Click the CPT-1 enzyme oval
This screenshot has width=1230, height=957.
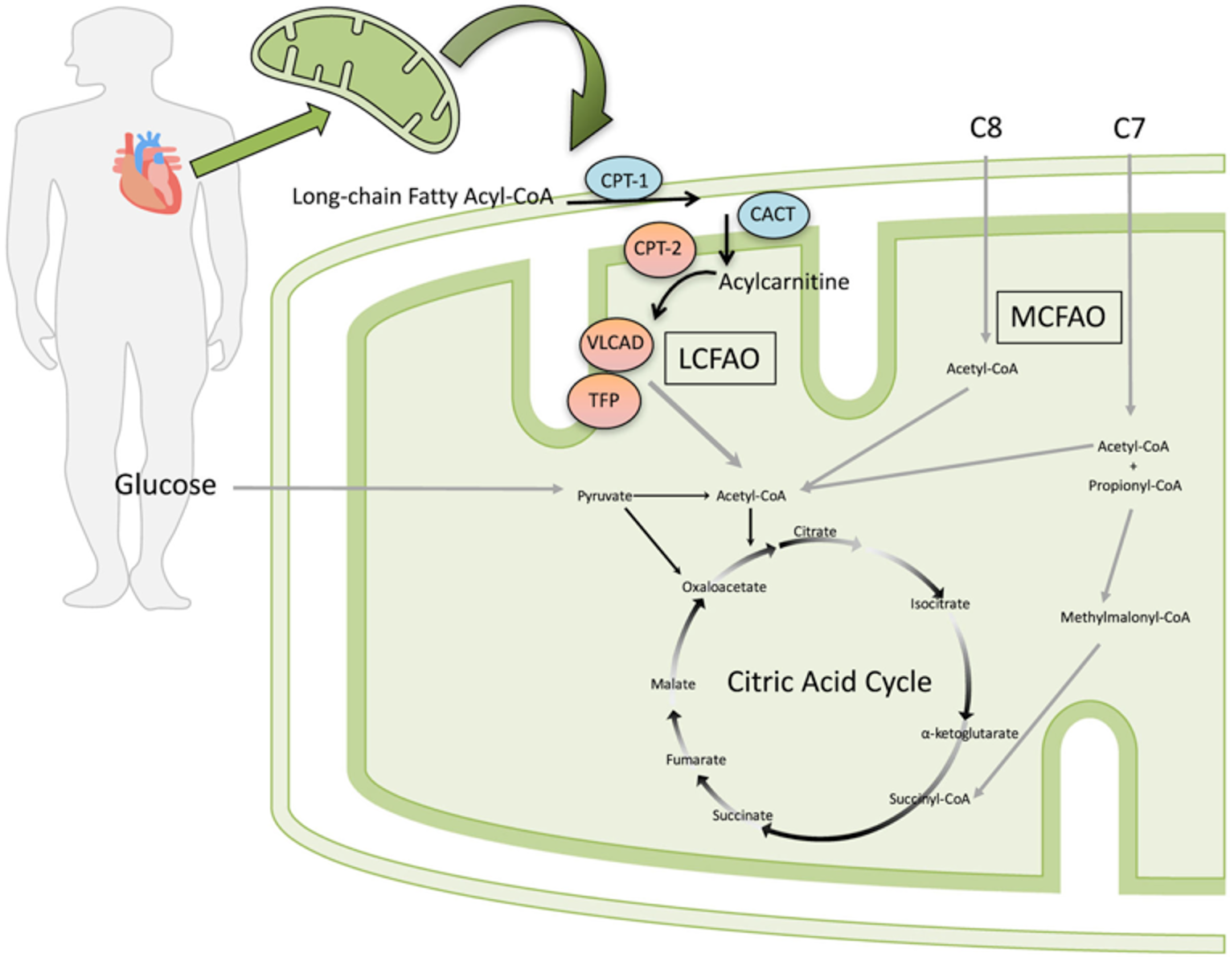[624, 180]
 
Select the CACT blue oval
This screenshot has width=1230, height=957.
[772, 215]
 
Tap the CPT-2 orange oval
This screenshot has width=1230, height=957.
[658, 248]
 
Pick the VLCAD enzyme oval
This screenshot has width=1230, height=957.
[615, 343]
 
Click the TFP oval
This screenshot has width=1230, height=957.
[604, 400]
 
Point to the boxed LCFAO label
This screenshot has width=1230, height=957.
[719, 359]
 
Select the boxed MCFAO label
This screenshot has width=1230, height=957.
[1058, 317]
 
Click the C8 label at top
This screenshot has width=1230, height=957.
[986, 128]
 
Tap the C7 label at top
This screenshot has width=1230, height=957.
[1129, 128]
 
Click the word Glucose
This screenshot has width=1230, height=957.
[166, 485]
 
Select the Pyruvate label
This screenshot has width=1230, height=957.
[604, 496]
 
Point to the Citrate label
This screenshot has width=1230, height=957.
[814, 532]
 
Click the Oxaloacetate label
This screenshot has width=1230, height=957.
[724, 587]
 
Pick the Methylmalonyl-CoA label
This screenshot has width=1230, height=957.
[1125, 618]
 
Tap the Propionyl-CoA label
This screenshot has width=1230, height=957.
[1134, 486]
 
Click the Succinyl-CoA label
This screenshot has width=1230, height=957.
[929, 799]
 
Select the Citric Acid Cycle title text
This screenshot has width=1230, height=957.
[829, 682]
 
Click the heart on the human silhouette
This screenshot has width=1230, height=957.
[149, 173]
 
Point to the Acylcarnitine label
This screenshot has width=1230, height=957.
[784, 282]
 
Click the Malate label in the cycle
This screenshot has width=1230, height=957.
[673, 684]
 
